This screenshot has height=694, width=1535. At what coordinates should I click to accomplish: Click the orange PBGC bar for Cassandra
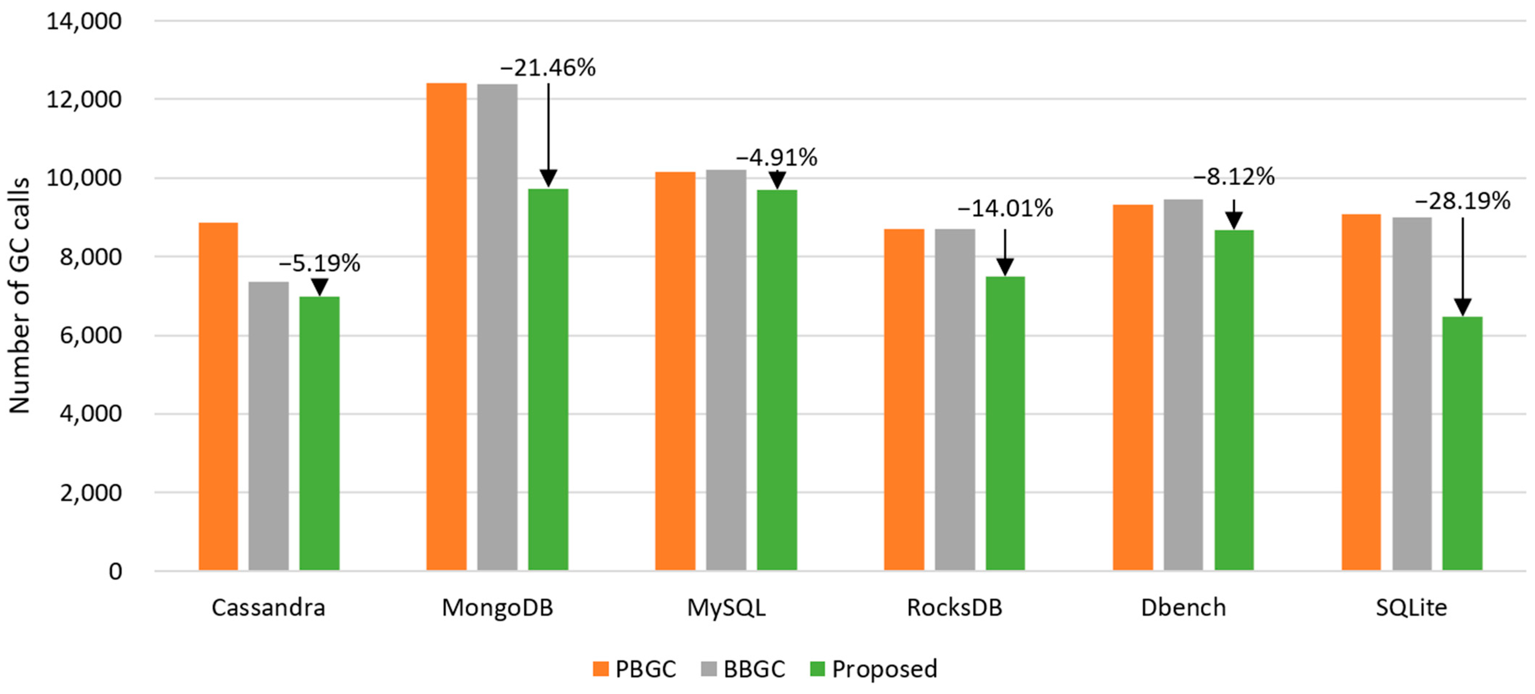[x=218, y=396]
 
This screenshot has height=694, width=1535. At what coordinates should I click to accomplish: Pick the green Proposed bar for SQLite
[x=1462, y=443]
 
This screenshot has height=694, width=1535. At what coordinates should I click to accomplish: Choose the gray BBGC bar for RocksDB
[x=955, y=399]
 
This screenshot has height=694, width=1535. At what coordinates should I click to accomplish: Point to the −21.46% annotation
[x=548, y=68]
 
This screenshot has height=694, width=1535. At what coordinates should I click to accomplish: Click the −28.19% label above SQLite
[x=1462, y=201]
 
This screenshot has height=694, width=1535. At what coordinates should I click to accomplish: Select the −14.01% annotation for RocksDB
[x=1005, y=209]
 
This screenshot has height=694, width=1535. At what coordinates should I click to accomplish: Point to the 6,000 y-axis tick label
[x=91, y=335]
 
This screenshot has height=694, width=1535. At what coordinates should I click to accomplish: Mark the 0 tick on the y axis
[x=115, y=571]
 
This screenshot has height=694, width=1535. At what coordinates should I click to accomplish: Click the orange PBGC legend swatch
[x=601, y=669]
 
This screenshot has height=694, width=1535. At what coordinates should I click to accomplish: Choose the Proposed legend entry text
[x=884, y=669]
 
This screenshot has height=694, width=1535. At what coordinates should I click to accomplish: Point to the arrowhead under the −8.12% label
[x=1233, y=221]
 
